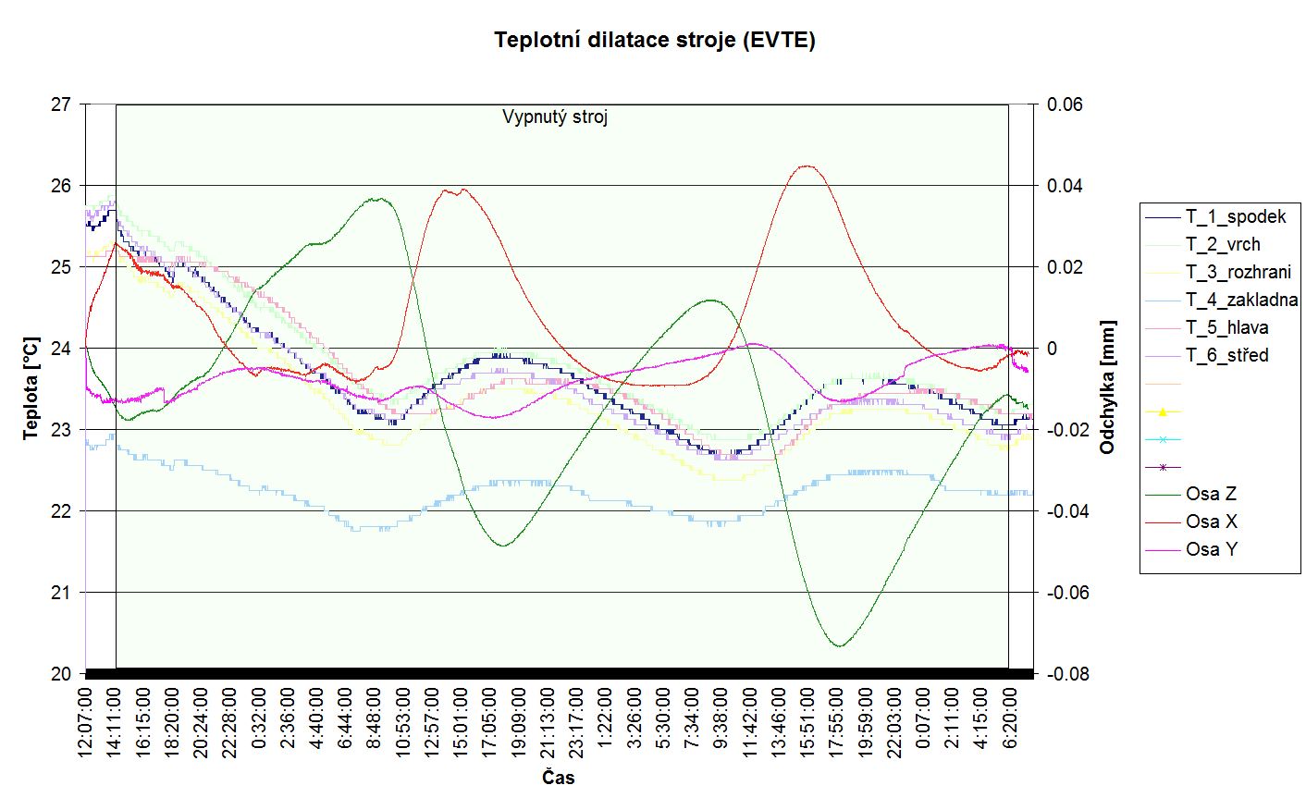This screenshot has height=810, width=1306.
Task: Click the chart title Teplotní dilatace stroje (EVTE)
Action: pos(654,40)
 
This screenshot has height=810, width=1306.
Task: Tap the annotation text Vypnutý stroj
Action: pos(555,117)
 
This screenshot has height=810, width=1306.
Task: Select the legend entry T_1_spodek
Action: pos(1236,217)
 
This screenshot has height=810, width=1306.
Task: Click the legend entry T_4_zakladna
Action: pos(1241,300)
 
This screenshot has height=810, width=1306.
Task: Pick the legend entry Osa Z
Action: pos(1211,494)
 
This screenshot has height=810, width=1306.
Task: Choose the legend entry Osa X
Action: pos(1211,522)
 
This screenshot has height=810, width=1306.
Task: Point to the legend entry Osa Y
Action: pos(1211,549)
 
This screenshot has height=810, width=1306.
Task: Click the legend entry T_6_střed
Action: pos(1226,355)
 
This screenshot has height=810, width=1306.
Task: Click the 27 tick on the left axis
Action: pos(61,104)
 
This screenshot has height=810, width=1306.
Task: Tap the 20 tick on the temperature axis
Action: pos(61,674)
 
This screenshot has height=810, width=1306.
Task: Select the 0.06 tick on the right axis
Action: pos(1065,104)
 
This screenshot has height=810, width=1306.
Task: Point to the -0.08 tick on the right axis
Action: pos(1067,674)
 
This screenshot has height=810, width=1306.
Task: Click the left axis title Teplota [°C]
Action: pos(31,387)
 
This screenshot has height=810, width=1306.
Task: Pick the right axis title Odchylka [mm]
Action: pos(1107,387)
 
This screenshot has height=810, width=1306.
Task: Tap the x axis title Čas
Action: pos(558,778)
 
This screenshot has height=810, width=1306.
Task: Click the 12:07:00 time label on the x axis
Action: pos(85,723)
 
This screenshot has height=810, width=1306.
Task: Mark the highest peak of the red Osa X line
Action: pos(807,166)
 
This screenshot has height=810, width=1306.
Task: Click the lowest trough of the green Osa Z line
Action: pos(839,645)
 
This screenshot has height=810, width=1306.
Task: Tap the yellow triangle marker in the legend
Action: pos(1163,411)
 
